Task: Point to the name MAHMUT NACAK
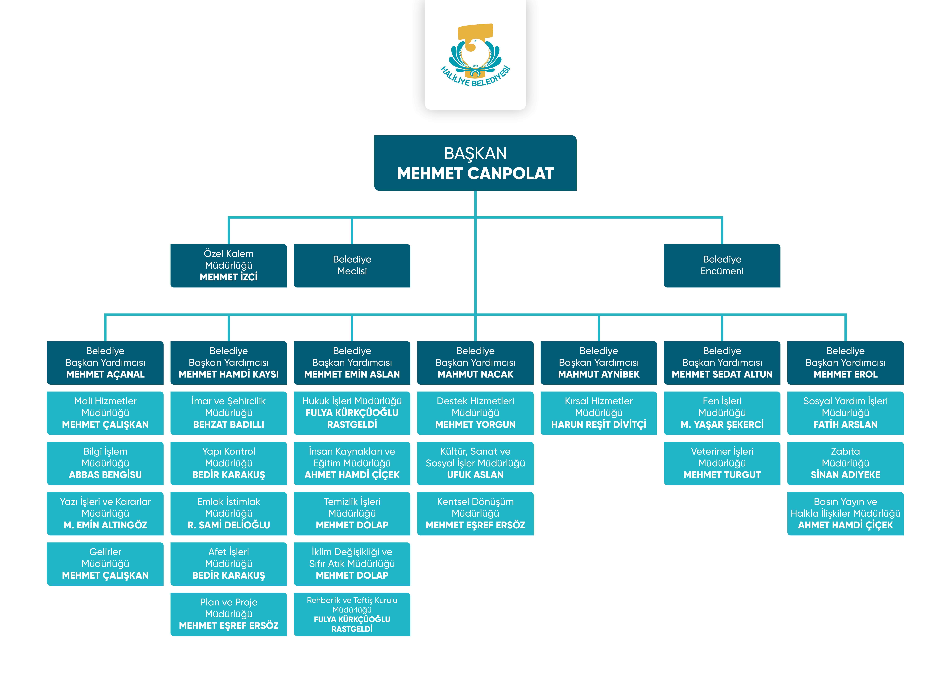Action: click(475, 374)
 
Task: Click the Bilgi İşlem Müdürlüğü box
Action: click(105, 463)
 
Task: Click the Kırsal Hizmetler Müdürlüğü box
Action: click(599, 413)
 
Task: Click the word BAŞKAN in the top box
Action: click(475, 153)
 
